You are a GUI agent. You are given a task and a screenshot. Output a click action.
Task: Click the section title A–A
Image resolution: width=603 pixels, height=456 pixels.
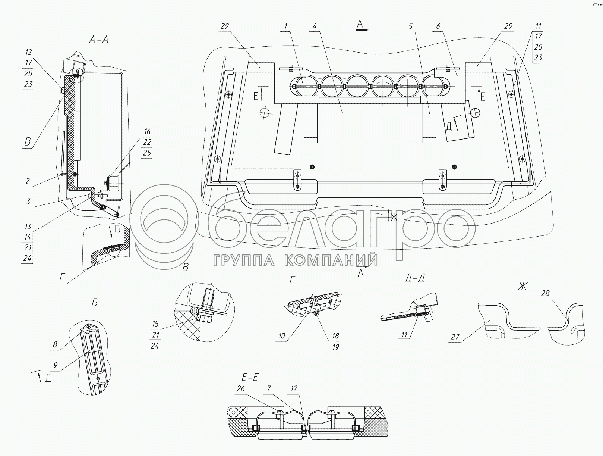98,39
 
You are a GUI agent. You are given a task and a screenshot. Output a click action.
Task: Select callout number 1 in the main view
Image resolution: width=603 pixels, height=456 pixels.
286,26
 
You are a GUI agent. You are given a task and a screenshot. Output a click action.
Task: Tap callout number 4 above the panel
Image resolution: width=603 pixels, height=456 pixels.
315,26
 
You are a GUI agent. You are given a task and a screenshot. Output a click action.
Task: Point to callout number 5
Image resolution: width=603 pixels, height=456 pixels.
410,26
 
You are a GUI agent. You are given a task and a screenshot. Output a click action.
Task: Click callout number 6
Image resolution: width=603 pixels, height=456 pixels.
438,26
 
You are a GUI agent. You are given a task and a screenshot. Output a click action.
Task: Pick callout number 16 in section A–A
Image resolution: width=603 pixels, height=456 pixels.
147,131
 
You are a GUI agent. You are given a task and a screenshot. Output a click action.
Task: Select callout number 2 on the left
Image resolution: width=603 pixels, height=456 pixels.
27,182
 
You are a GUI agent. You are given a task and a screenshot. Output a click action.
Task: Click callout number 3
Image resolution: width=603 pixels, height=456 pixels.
28,202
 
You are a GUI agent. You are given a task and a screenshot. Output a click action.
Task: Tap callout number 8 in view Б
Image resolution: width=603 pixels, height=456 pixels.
55,344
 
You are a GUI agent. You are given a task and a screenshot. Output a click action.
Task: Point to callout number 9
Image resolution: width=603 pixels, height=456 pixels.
55,366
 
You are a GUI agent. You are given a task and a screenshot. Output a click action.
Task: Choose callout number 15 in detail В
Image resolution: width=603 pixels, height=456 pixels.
155,324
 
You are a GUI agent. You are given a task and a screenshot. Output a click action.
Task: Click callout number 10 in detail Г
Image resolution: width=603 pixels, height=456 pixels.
281,336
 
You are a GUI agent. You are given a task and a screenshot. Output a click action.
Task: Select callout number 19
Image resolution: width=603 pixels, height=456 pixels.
335,347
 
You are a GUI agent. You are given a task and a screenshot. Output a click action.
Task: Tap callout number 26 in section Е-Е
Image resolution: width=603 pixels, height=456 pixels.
240,389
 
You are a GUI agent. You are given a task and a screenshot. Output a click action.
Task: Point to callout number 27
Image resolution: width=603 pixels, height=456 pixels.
455,337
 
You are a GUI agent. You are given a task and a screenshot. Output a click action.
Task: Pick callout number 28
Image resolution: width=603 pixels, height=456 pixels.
545,293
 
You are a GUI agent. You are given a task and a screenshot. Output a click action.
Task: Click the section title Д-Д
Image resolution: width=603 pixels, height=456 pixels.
414,278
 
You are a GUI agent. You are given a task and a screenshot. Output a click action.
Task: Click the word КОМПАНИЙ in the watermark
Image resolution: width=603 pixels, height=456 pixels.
331,260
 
